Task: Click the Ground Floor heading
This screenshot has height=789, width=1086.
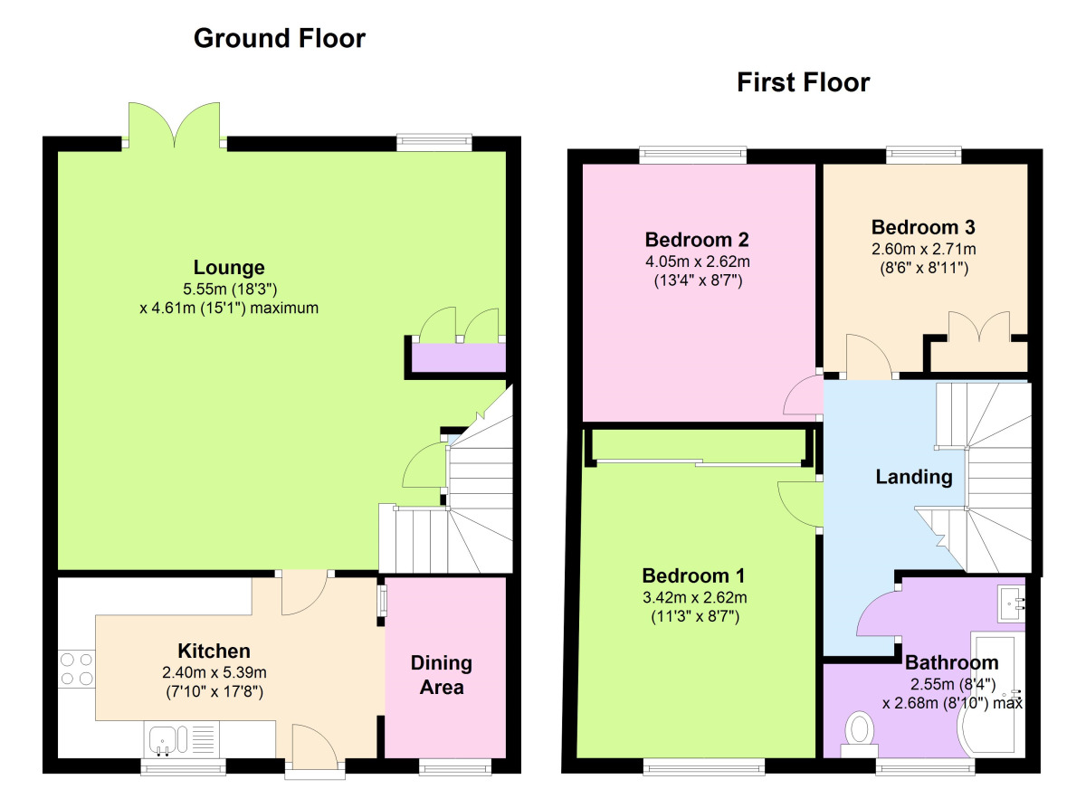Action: [280, 39]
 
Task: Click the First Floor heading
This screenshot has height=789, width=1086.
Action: [803, 83]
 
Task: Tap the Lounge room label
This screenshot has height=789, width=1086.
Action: [229, 268]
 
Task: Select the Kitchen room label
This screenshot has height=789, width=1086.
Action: [214, 651]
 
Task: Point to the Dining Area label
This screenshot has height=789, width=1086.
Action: [442, 675]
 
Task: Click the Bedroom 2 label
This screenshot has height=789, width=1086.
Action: [696, 240]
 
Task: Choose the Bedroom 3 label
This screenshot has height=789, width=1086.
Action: [922, 227]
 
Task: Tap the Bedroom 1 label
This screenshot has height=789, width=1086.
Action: [692, 575]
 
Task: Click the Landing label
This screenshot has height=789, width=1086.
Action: [913, 477]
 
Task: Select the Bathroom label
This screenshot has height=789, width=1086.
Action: [951, 662]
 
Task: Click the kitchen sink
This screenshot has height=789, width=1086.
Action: [166, 740]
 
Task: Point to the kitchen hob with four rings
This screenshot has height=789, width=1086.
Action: [76, 670]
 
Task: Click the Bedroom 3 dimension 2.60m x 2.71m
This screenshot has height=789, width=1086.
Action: [922, 248]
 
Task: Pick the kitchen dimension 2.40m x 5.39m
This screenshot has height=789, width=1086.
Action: [214, 672]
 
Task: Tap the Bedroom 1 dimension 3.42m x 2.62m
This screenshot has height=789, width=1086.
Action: [692, 597]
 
